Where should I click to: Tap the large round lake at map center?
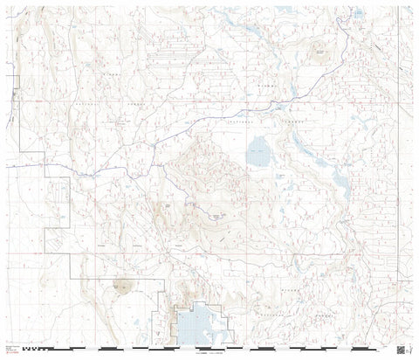[258, 156]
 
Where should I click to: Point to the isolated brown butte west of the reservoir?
[120, 285]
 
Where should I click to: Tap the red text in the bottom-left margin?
[11, 352]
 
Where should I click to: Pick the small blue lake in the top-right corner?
[359, 13]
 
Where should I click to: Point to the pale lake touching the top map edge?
[283, 10]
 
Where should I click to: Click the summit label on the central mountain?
[217, 215]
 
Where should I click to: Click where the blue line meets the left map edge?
[7, 165]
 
